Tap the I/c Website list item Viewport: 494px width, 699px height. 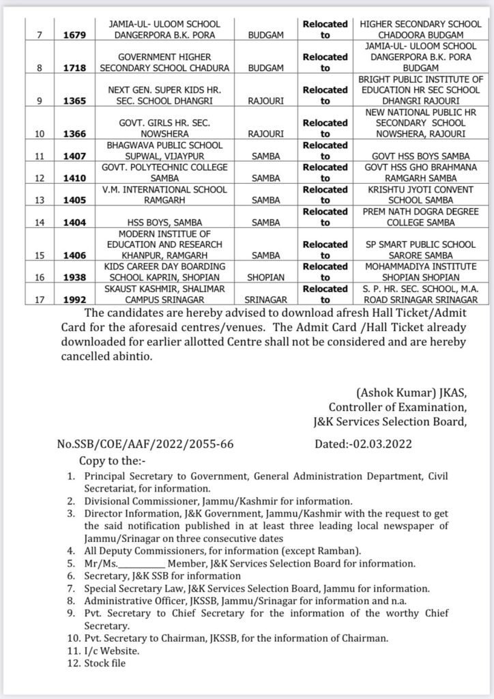click(x=107, y=651)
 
